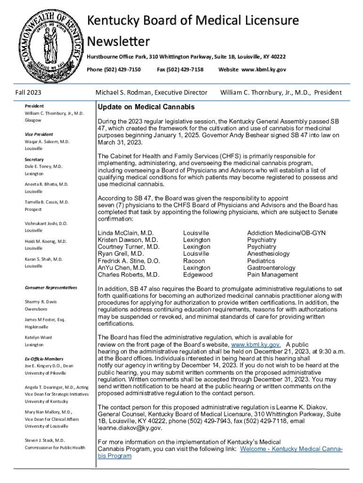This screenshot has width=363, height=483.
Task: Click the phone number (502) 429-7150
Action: click(114, 69)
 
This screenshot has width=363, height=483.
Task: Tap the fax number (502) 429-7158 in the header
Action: click(180, 69)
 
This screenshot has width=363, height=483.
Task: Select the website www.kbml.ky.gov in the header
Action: click(252, 69)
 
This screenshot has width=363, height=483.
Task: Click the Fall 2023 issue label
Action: click(28, 92)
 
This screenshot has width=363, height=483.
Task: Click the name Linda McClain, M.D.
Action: click(125, 233)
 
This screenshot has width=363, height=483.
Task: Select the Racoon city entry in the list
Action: click(194, 261)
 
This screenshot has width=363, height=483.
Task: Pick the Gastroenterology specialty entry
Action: click(271, 267)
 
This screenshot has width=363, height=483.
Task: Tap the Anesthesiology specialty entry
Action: click(268, 254)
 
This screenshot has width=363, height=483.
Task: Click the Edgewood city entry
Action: click(198, 275)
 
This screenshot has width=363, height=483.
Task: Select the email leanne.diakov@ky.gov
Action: click(130, 428)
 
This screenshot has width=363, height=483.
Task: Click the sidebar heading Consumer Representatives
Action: click(50, 287)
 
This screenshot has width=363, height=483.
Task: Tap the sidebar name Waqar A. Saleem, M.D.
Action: click(47, 142)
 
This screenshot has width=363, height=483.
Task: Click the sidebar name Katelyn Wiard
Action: click(38, 337)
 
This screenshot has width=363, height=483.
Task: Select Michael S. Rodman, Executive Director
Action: click(151, 92)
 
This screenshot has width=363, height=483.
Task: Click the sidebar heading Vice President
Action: click(39, 134)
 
